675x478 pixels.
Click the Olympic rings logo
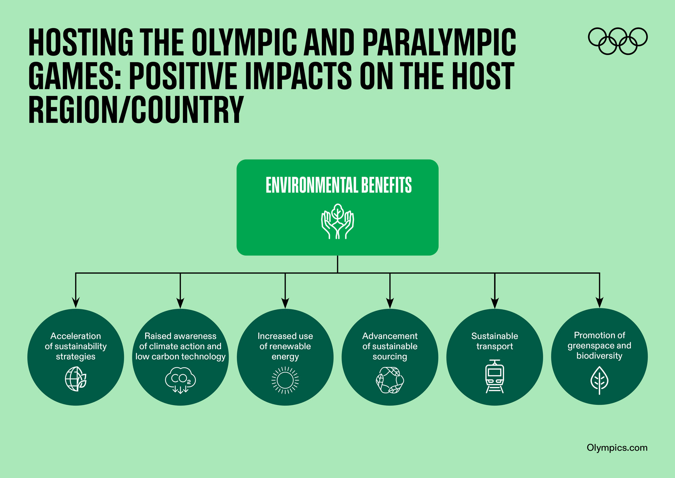click(617, 41)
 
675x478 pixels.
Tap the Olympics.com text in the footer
click(617, 448)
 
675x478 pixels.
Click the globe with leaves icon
click(76, 379)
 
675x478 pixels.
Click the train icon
click(494, 377)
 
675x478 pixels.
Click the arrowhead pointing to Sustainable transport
click(494, 303)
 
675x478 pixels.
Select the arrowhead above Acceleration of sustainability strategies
click(75, 303)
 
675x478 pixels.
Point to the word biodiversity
click(599, 356)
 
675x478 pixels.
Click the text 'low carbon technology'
click(180, 356)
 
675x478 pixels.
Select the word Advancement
click(390, 336)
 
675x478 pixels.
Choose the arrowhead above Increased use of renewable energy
click(285, 303)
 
